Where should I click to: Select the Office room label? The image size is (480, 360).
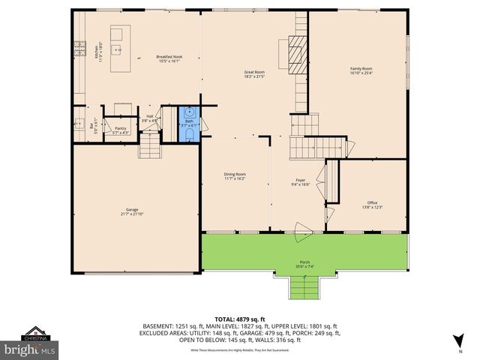click(x=373, y=204)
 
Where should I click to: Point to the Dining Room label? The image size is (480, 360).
click(x=235, y=176)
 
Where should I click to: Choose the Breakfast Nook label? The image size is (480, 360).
click(x=169, y=59)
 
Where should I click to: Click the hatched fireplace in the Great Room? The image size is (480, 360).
click(x=298, y=55)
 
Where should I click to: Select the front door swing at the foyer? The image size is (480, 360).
click(x=302, y=231)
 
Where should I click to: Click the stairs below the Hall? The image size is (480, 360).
click(x=149, y=144)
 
